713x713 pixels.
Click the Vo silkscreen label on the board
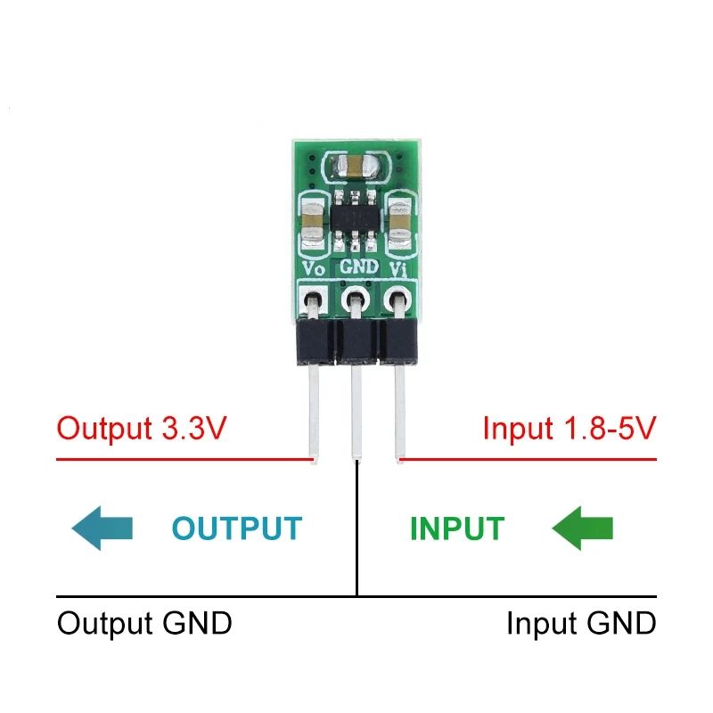(x=314, y=266)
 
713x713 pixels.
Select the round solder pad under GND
(x=356, y=299)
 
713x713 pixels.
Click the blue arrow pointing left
(x=102, y=529)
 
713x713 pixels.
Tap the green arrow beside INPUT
(x=584, y=529)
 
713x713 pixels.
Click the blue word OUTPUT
(x=236, y=529)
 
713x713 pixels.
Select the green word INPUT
(x=456, y=529)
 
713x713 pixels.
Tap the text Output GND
(x=144, y=623)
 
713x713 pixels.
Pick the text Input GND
(x=581, y=623)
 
